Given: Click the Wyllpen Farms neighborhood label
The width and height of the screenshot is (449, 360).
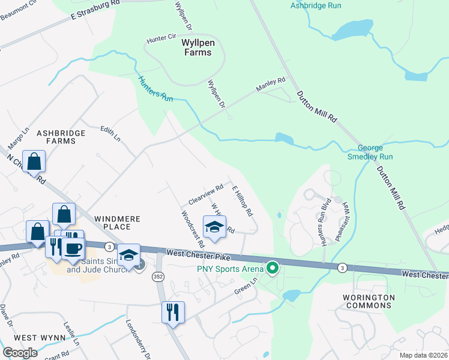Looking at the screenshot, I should click(197, 48).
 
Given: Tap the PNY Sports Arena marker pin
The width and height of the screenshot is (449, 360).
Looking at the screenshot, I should click(273, 268).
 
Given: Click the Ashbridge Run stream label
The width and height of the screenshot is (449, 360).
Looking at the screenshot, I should click(316, 5).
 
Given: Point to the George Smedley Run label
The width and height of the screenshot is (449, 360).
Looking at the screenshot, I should click(375, 152).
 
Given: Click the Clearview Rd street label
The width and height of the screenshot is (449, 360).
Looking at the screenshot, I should click(206, 191).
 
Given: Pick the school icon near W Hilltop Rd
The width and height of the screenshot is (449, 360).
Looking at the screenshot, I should click(214, 227).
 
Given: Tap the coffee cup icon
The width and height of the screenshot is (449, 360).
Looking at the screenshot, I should click(73, 248).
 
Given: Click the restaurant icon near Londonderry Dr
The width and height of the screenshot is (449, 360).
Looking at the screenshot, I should click(173, 312).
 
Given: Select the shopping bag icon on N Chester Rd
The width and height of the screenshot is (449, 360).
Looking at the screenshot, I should click(34, 161).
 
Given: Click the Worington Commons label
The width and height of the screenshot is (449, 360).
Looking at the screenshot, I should click(369, 302).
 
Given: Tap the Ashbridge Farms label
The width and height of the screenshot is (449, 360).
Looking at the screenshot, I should click(57, 137).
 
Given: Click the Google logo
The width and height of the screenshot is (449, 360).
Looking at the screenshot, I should click(20, 353).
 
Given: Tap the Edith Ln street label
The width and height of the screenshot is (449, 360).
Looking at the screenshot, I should click(110, 133).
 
